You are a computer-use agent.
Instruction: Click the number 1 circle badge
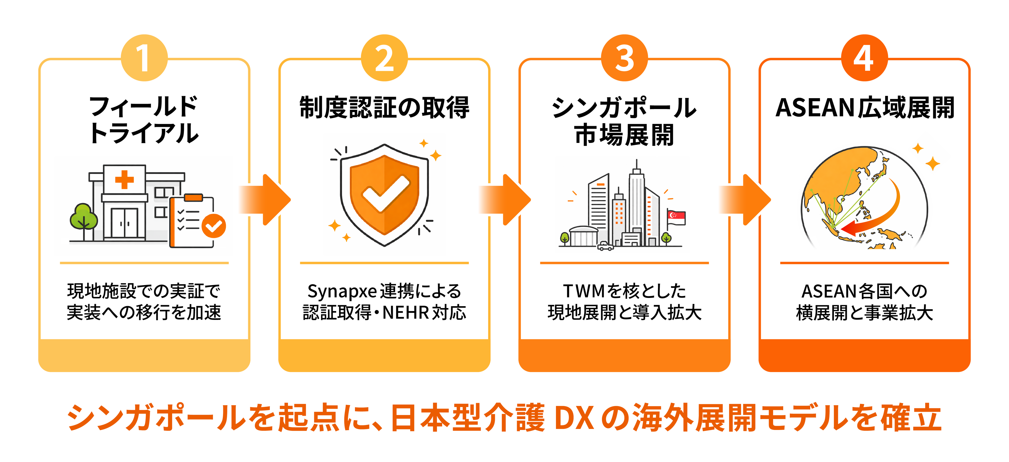click(x=144, y=58)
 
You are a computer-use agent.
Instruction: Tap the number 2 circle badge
click(x=384, y=58)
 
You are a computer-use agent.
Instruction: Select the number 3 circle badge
click(x=624, y=58)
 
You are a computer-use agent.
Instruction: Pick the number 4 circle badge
click(x=864, y=58)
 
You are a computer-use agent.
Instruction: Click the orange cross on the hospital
click(x=124, y=180)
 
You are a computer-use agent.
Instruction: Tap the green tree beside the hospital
click(x=83, y=217)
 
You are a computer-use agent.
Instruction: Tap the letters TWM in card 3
click(x=584, y=291)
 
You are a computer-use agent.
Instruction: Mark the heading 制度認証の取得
click(x=384, y=108)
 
